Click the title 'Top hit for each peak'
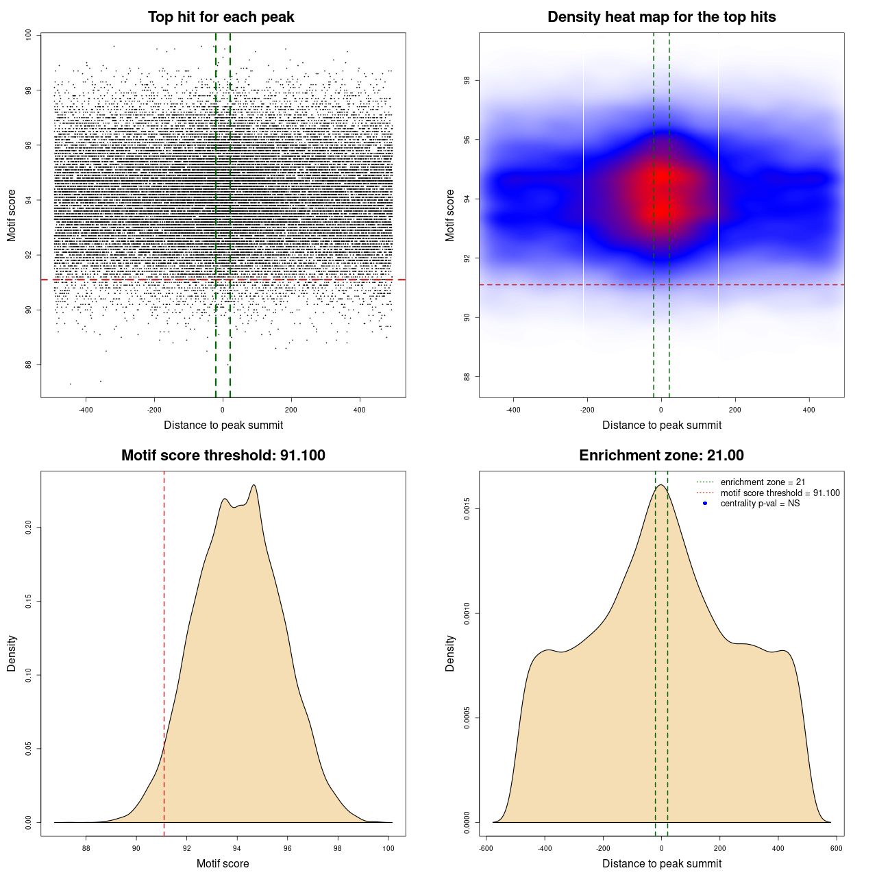[x=221, y=17]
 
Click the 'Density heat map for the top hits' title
[x=661, y=17]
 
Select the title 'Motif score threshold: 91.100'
[x=223, y=456]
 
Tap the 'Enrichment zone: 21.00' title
[x=661, y=456]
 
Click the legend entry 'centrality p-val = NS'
[x=760, y=504]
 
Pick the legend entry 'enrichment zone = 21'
[x=763, y=482]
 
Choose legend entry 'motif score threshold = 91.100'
[x=780, y=493]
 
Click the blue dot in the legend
[x=705, y=504]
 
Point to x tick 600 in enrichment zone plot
[x=837, y=848]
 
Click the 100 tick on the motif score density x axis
[x=388, y=848]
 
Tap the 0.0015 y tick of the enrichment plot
[x=467, y=509]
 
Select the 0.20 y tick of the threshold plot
[x=29, y=527]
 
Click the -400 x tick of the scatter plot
[x=86, y=410]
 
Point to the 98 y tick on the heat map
[x=467, y=81]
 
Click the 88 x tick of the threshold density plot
[x=86, y=848]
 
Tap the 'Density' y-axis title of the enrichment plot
[x=450, y=653]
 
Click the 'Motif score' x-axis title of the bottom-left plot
[x=223, y=863]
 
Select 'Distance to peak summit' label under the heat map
[x=661, y=425]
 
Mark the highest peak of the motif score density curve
[x=254, y=485]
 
